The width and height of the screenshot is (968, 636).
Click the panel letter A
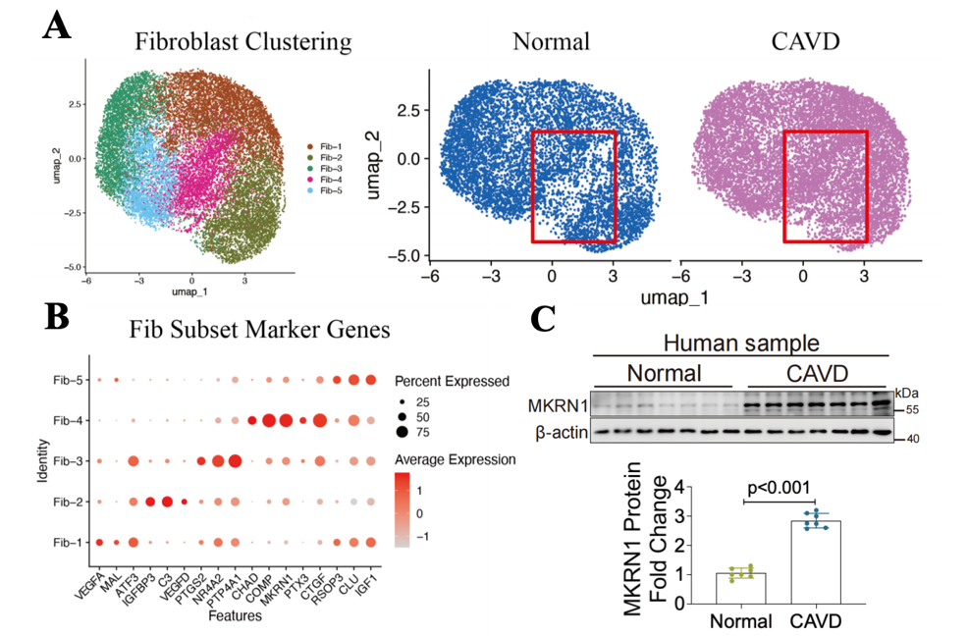tap(56, 26)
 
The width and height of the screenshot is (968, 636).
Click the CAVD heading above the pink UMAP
tap(811, 42)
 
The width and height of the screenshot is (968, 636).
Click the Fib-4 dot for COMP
tap(267, 421)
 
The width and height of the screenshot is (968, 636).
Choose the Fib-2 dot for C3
tap(167, 502)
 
